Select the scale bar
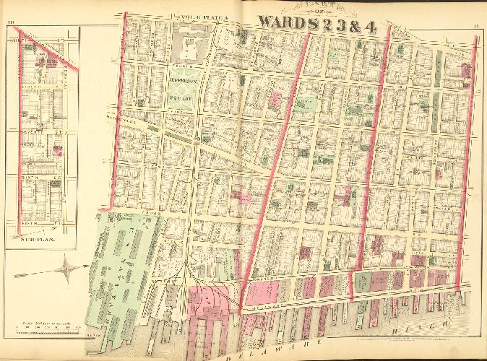45,329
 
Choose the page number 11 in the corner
475,26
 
